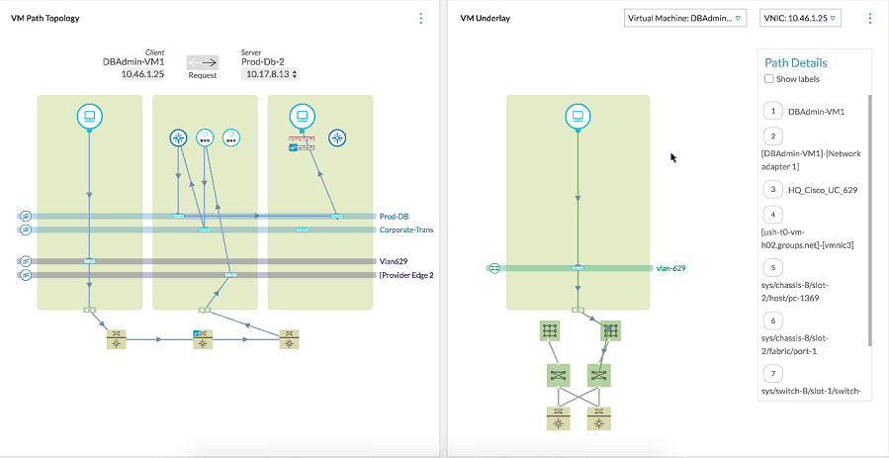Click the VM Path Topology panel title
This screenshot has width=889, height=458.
point(44,19)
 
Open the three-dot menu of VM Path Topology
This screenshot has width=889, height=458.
point(421,19)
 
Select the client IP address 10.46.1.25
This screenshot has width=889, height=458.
point(143,74)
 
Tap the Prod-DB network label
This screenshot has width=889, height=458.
point(394,216)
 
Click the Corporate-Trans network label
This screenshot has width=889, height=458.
point(406,229)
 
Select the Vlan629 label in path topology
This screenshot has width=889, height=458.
point(394,260)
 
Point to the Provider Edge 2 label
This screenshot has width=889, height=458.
point(406,275)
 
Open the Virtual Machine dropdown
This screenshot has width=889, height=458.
point(685,19)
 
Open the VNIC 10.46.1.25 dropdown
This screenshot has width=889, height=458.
point(799,19)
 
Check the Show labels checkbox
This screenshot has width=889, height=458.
point(769,79)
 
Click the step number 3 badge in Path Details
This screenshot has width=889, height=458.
point(772,188)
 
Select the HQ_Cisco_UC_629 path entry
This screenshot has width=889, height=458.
point(822,188)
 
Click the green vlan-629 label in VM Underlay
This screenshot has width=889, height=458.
point(670,268)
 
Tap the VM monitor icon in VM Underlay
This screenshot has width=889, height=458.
point(578,117)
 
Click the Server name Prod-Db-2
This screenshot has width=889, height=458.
point(262,61)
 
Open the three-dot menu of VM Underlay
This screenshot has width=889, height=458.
point(870,19)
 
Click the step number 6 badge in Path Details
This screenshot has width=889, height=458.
point(772,321)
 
